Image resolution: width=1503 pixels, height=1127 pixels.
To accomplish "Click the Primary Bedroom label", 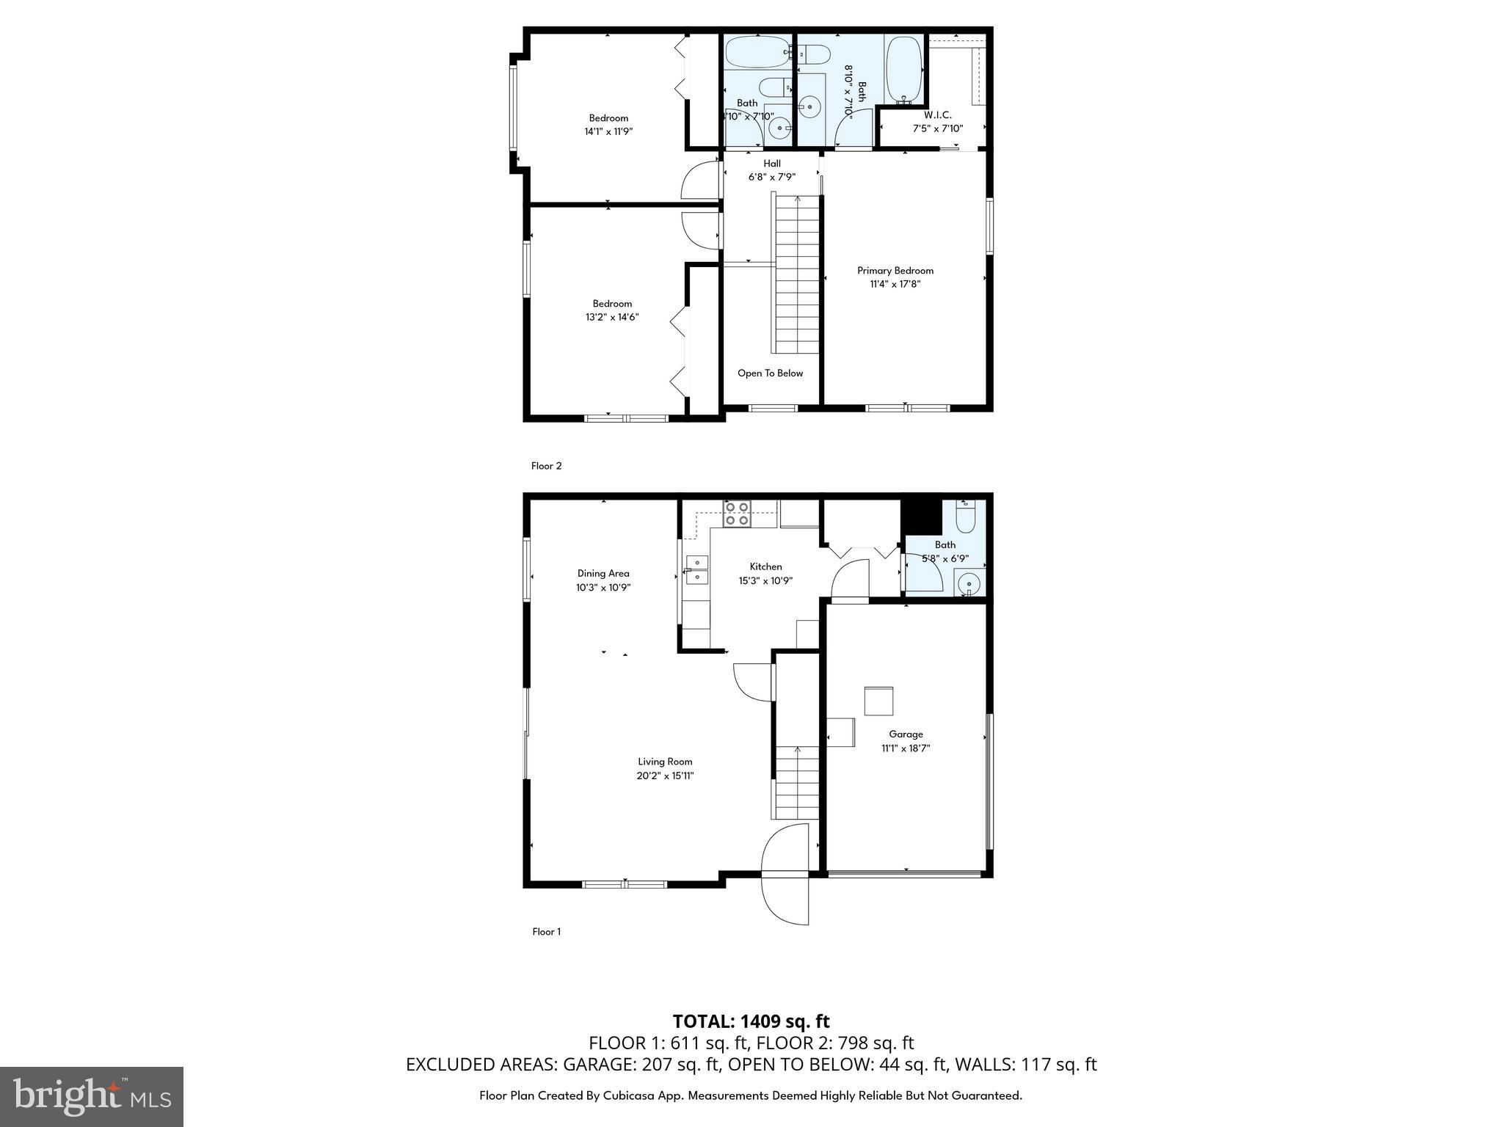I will (x=895, y=271).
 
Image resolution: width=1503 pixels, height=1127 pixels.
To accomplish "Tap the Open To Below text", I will (x=770, y=373).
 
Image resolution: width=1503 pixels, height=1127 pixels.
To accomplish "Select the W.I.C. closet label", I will (x=937, y=115).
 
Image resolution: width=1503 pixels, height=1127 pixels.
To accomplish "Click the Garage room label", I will (x=906, y=734).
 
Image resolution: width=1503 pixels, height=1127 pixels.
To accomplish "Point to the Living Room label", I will (x=665, y=762).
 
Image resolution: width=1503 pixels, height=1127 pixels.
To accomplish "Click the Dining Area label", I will (x=603, y=574).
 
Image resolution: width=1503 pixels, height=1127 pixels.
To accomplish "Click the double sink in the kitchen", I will (x=696, y=570).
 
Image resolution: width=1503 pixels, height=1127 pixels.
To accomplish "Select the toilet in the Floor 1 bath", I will (x=966, y=518).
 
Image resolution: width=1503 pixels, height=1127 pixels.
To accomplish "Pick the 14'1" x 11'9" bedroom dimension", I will (x=608, y=132).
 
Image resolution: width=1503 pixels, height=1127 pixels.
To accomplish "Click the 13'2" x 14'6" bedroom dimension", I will (x=612, y=318).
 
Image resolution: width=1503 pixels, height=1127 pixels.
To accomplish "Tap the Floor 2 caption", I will (x=546, y=466).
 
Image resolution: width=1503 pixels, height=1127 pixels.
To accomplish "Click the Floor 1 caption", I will (x=546, y=932).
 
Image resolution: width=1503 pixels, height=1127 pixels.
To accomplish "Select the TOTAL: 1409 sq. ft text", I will (x=751, y=1021).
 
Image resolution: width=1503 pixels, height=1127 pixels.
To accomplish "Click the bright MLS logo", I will (x=92, y=1096).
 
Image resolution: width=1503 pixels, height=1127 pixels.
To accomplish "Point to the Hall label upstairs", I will (x=771, y=164).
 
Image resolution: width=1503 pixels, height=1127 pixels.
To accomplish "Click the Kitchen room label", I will (x=765, y=567).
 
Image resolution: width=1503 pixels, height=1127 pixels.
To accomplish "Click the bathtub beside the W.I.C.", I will (x=903, y=70).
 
